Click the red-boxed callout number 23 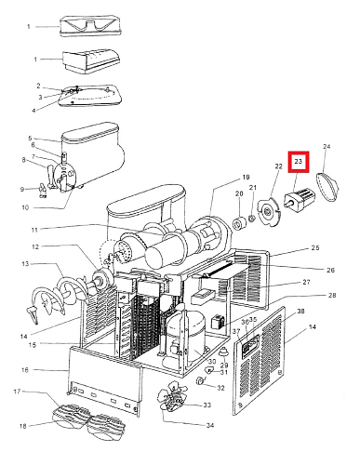[299, 161]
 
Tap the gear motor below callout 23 [300, 198]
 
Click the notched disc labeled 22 [267, 212]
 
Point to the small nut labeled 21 [252, 219]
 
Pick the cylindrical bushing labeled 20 [239, 224]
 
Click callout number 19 [246, 178]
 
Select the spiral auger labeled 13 [58, 298]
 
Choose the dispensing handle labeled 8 [51, 176]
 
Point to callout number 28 [332, 295]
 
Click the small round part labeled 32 [201, 380]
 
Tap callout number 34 [210, 425]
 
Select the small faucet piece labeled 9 [42, 190]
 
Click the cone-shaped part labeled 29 [223, 352]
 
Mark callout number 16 [25, 370]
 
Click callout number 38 [300, 312]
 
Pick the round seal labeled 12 [102, 277]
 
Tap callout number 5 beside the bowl [30, 139]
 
